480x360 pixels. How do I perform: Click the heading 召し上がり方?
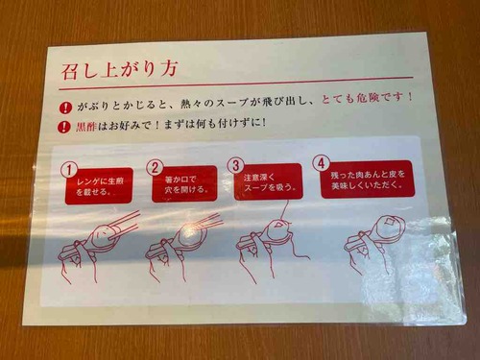tap(119, 71)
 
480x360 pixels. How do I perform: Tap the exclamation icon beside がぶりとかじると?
tap(65, 108)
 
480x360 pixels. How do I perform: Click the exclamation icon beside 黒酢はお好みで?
tap(63, 127)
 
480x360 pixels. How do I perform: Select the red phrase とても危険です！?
tap(367, 98)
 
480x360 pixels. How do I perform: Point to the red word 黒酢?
tap(85, 127)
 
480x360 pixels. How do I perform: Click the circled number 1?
tap(68, 170)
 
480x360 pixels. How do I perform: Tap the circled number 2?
tap(155, 168)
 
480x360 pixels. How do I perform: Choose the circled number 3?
tap(235, 165)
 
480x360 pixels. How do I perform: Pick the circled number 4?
tap(321, 163)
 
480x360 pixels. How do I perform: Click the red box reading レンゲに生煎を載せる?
tap(99, 186)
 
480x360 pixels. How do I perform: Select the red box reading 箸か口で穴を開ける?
tap(184, 183)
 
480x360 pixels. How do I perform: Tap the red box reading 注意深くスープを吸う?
tap(268, 181)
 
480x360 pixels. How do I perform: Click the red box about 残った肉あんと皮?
tap(368, 180)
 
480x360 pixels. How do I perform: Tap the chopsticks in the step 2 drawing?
tap(208, 222)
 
